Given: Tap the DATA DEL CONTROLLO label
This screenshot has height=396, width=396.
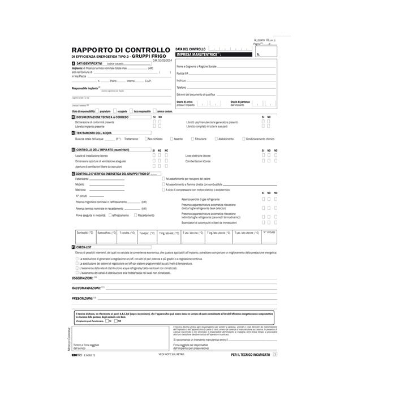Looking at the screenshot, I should pos(191,49).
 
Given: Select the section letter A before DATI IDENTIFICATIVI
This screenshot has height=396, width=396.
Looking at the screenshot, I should pos(74,64).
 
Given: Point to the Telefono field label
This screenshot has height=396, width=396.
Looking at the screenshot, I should pos(181,87).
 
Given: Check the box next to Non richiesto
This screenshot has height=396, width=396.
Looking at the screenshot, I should pos(146,139).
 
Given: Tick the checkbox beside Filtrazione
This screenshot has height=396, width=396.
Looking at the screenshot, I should pos(192,139).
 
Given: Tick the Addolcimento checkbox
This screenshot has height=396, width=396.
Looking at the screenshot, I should pos(215,139).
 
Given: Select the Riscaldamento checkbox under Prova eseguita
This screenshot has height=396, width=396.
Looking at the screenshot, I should pos(136,215).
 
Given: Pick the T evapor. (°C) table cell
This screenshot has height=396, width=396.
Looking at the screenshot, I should pos(147,233).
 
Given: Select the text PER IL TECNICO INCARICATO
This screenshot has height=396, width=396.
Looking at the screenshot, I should pos(249,354).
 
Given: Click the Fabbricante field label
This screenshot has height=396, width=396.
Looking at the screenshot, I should pos(83,178).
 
